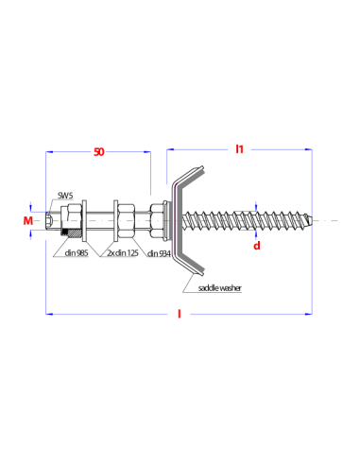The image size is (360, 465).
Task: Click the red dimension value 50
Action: [99, 152]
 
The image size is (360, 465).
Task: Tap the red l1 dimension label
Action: [240, 149]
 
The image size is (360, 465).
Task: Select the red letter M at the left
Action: [28, 221]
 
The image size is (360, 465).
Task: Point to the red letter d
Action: [257, 246]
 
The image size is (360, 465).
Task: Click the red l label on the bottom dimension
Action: [180, 314]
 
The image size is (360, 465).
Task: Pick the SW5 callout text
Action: [65, 196]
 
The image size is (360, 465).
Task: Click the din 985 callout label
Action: [77, 252]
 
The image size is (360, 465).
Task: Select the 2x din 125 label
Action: [123, 252]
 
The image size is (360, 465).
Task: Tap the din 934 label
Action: [159, 253]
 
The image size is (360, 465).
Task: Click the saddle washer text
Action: [220, 287]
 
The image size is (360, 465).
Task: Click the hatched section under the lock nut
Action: [72, 233]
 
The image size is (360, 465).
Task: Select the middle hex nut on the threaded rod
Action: [126, 220]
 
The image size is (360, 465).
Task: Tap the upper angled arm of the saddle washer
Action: [190, 178]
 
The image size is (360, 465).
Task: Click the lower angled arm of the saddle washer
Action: [190, 263]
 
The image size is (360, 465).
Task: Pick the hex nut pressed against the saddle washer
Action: [156, 220]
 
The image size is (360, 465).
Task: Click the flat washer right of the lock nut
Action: [84, 221]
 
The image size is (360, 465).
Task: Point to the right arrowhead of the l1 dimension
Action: [309, 149]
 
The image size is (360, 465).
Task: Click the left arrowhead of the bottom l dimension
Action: [49, 314]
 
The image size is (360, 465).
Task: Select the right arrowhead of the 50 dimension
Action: [147, 152]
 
